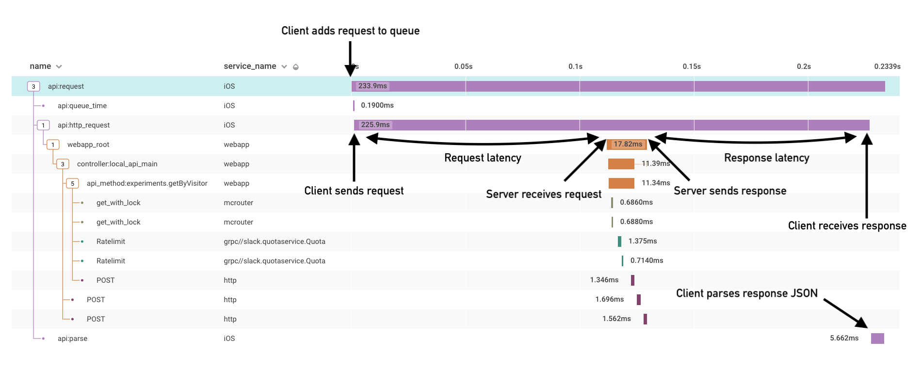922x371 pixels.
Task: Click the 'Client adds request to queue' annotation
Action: pos(350,31)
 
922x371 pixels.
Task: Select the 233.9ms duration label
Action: pos(372,86)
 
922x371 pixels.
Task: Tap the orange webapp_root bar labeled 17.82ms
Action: pos(627,144)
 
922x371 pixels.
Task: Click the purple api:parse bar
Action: pos(877,338)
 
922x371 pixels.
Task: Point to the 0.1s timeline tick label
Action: pos(575,66)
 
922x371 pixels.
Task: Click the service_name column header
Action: pos(250,66)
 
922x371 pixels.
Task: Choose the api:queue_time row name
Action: pos(82,106)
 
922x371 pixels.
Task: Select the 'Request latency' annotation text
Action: pos(483,158)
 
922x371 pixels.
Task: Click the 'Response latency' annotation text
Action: pos(766,158)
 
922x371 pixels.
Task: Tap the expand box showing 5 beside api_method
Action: pos(72,183)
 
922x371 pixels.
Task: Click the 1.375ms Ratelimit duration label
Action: pos(643,241)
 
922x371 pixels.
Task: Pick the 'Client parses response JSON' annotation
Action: pos(747,293)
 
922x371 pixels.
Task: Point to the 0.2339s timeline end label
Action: pos(887,66)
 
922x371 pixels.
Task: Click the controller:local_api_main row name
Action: pos(117,164)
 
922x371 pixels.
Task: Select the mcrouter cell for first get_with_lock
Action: pos(238,203)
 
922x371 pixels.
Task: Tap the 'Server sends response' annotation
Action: pos(730,191)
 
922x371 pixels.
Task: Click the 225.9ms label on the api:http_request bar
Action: pos(375,125)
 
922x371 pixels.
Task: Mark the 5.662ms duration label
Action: pos(844,338)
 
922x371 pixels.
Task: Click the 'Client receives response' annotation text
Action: pos(847,226)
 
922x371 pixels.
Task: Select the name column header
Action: pos(40,66)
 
